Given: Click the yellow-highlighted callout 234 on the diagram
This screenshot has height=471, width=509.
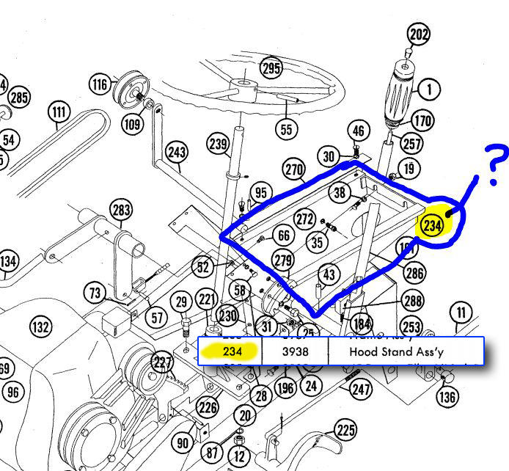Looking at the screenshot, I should [x=432, y=226].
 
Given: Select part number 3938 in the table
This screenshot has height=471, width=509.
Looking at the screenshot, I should [x=295, y=351].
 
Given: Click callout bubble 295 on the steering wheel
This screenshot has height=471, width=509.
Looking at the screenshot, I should [x=271, y=69].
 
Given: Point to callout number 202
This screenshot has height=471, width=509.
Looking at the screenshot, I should [x=419, y=34].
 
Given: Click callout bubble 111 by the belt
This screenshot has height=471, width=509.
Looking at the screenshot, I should [x=59, y=113].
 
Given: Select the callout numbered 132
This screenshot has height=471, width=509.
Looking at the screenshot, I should [x=40, y=326].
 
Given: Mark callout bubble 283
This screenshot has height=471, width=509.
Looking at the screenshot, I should [x=121, y=211].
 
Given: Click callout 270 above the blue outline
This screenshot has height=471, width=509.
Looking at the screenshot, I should [x=294, y=170].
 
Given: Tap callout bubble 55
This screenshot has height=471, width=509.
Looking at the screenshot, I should [x=287, y=129].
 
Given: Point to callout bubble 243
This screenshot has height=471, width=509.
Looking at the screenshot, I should [x=177, y=152].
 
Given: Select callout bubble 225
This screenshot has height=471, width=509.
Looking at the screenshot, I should [x=345, y=430].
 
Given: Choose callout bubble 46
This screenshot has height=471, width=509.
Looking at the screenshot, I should [x=357, y=131].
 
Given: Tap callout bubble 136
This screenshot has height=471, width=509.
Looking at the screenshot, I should [x=447, y=397].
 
